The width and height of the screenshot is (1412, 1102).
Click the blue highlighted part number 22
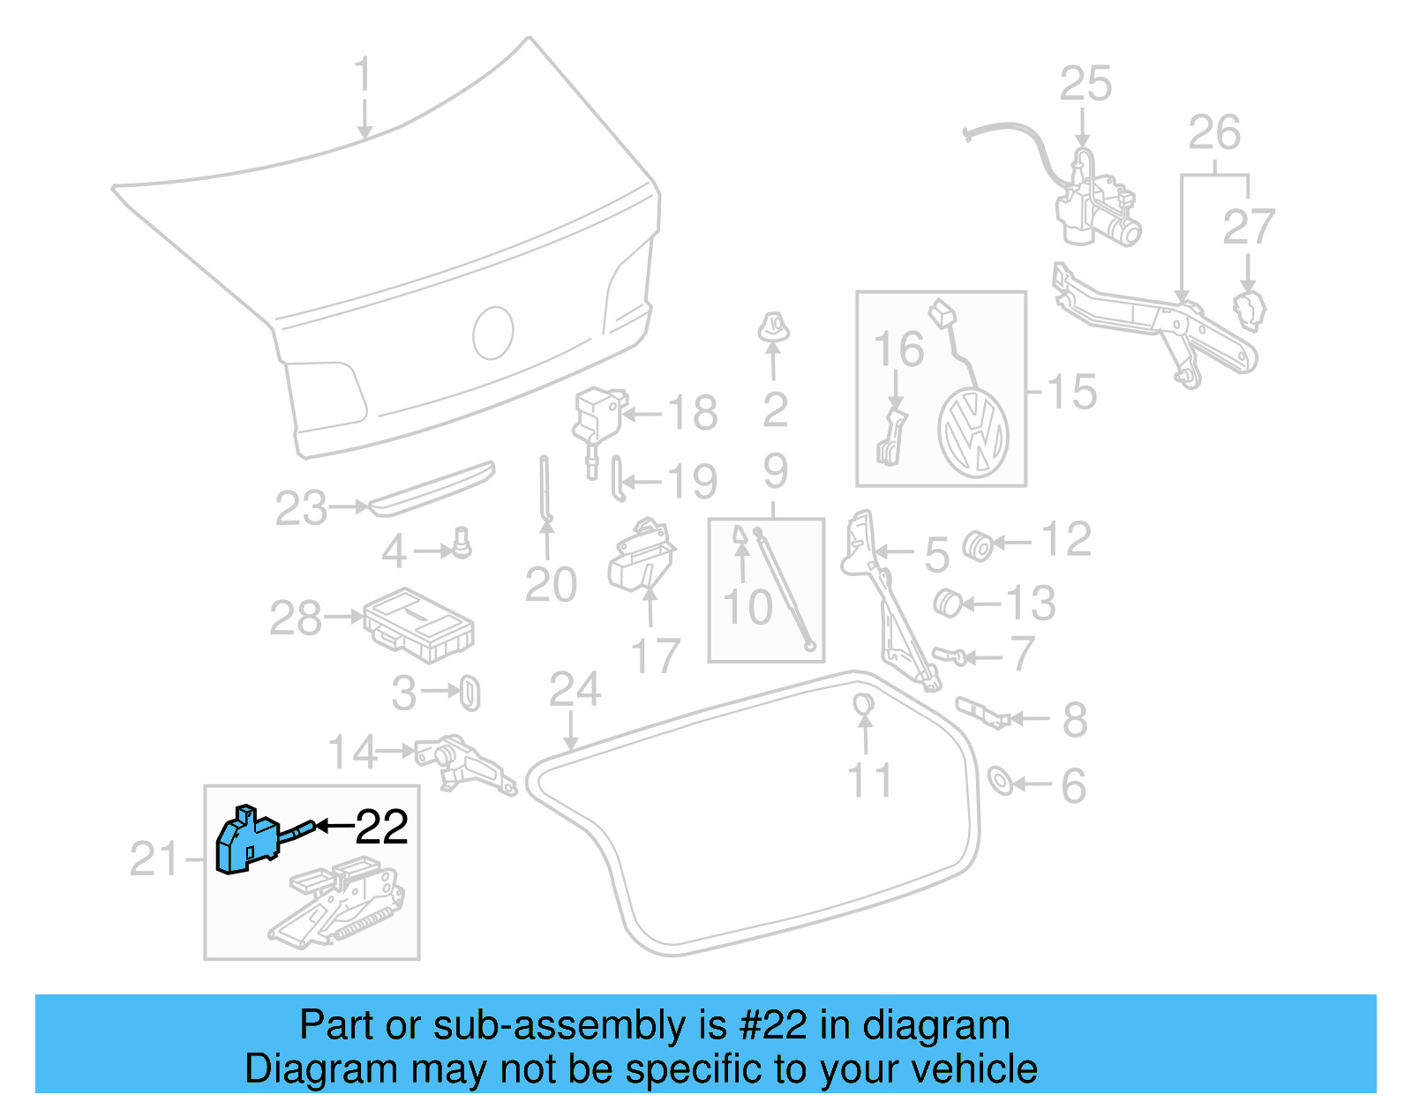click(x=247, y=840)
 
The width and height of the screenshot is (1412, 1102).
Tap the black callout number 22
click(x=381, y=828)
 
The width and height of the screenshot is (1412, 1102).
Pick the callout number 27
click(x=1248, y=227)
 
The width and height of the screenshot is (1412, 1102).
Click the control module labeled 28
click(x=419, y=625)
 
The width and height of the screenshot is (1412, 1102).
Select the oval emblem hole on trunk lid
click(x=493, y=333)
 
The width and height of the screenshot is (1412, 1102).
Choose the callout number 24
click(x=575, y=690)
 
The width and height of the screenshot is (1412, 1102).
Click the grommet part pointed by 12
click(x=977, y=545)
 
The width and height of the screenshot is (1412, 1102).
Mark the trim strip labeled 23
click(x=432, y=488)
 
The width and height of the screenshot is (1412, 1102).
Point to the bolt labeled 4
click(x=461, y=542)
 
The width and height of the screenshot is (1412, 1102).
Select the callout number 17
click(x=655, y=656)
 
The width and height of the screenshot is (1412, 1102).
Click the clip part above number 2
click(x=773, y=327)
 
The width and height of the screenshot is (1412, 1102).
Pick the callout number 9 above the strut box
click(x=775, y=471)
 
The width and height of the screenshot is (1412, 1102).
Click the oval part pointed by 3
click(x=470, y=693)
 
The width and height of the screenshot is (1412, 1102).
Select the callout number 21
click(x=154, y=859)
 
